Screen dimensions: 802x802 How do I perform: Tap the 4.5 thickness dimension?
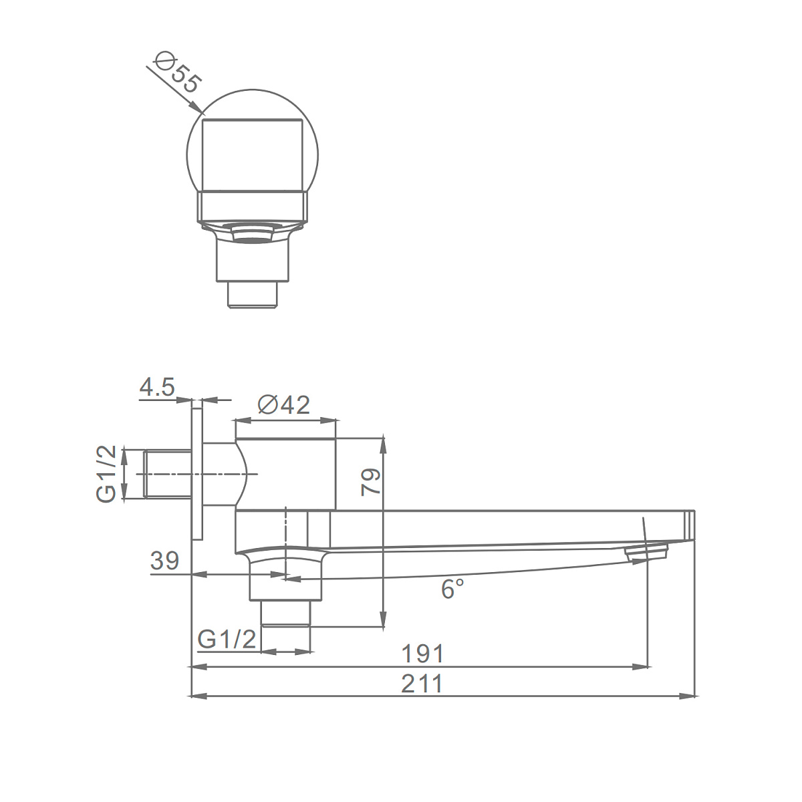(157, 388)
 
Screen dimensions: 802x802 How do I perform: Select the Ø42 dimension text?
(284, 404)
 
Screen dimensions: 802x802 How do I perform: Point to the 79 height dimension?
(370, 482)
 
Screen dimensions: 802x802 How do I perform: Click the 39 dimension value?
(165, 561)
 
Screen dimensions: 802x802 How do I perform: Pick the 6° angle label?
(452, 589)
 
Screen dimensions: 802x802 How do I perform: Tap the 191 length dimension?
(423, 654)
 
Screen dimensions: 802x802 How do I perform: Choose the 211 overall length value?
(422, 684)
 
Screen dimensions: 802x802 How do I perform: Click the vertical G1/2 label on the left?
(106, 474)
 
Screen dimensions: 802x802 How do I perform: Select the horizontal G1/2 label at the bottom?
(227, 639)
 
